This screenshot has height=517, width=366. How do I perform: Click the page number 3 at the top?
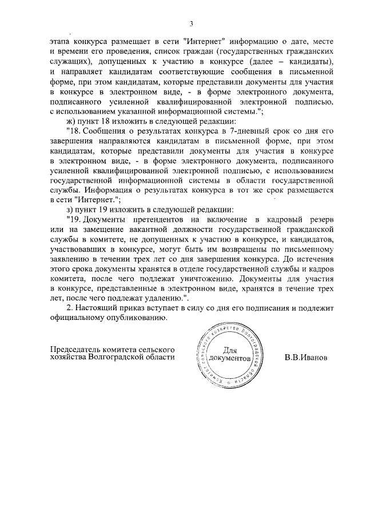point(192,23)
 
